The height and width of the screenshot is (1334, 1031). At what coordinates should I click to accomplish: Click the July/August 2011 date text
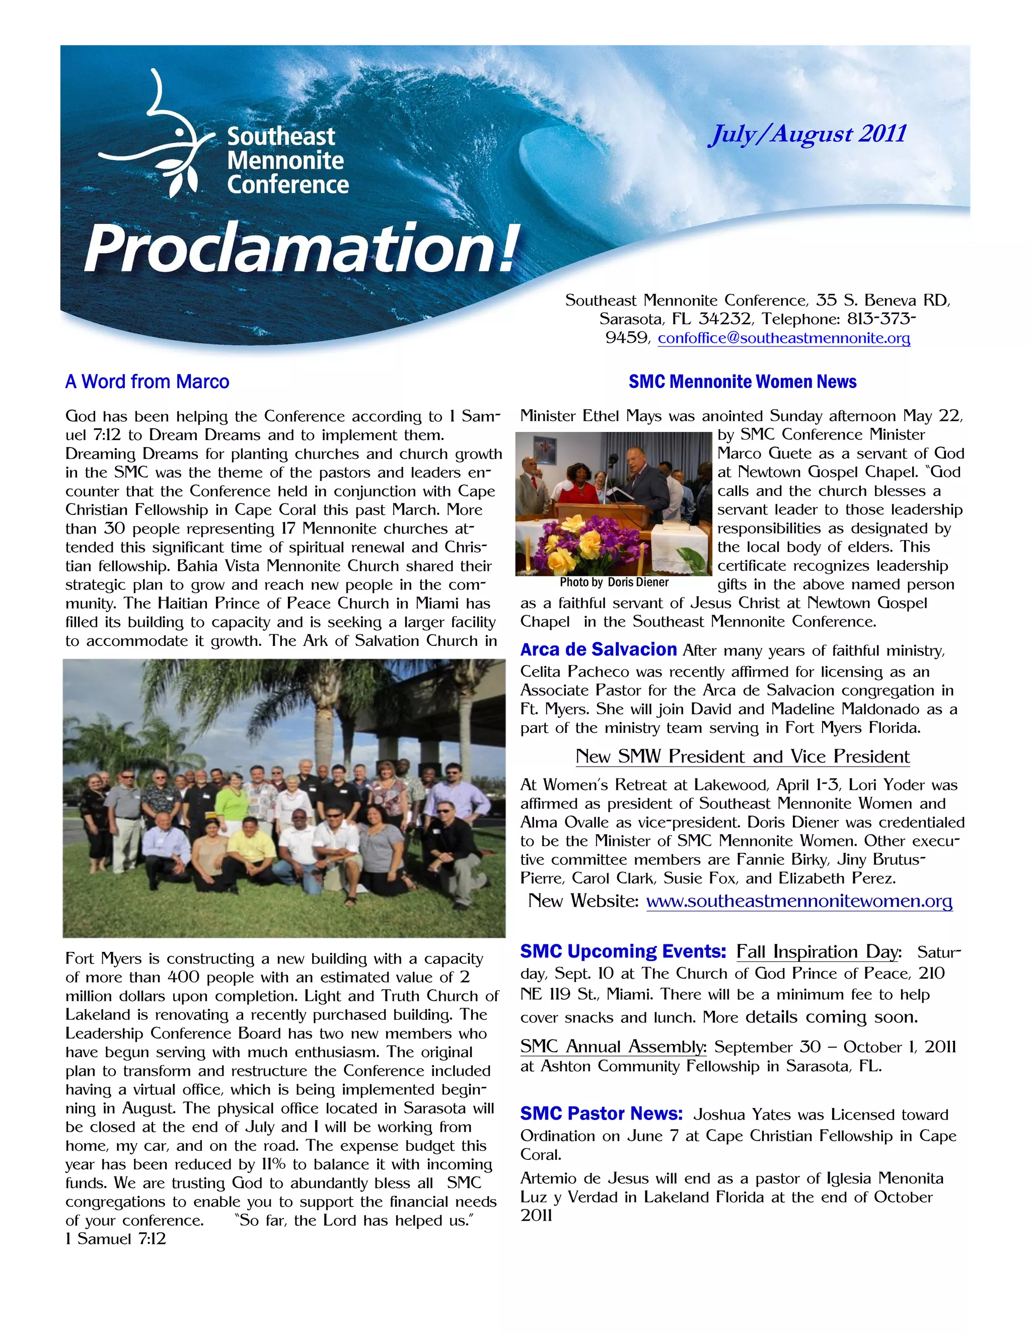tap(807, 134)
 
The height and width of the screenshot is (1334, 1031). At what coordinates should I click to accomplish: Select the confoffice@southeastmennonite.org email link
tap(784, 338)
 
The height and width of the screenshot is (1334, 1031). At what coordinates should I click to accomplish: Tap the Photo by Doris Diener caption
tap(614, 583)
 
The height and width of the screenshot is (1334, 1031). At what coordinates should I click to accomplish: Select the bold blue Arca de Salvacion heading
tap(598, 649)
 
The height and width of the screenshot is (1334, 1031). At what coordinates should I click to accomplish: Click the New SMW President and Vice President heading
tap(742, 756)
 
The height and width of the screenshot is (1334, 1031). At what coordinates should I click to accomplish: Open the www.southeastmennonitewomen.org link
tap(799, 901)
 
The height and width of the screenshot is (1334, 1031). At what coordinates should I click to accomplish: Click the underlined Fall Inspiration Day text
tap(819, 951)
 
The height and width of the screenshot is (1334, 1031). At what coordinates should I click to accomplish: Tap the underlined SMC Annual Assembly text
tap(613, 1047)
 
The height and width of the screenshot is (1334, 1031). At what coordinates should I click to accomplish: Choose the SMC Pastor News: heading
tap(601, 1114)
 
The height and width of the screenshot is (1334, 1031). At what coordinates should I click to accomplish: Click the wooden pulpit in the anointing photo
tap(596, 515)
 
